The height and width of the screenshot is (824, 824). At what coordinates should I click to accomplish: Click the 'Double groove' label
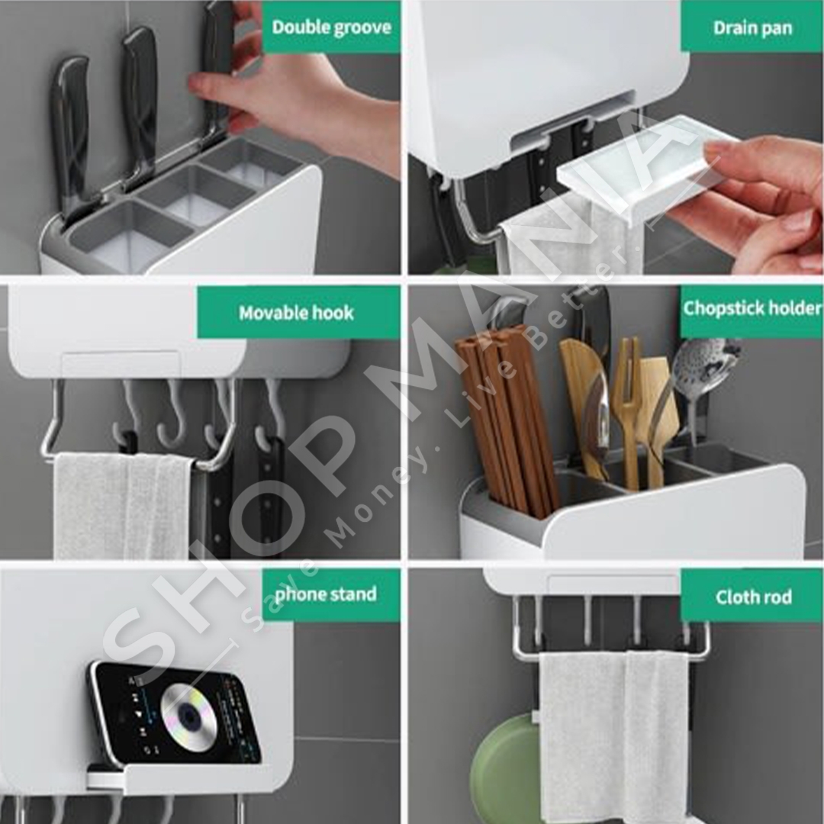(x=332, y=27)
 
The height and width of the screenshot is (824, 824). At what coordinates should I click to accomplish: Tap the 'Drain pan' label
(x=752, y=27)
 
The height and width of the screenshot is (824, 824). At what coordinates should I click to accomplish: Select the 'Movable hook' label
(x=296, y=313)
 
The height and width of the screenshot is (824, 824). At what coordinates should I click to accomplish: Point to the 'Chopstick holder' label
(x=752, y=308)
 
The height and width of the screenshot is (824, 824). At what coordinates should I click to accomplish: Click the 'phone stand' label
(x=326, y=594)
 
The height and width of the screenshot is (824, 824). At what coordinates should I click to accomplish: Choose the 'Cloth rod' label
(x=754, y=597)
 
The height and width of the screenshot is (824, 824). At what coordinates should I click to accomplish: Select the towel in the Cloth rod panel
(x=613, y=735)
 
